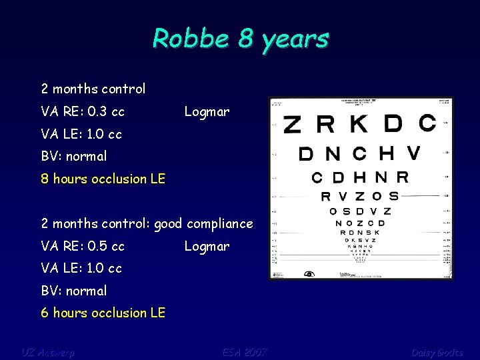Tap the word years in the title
[295, 39]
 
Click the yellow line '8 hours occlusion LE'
[103, 179]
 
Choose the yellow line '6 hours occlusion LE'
[103, 313]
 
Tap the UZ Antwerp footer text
[48, 351]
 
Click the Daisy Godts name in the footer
[437, 351]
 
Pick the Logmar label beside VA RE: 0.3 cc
[207, 111]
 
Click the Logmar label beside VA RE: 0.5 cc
[207, 246]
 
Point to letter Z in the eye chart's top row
[292, 125]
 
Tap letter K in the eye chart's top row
[359, 124]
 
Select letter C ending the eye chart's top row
[427, 123]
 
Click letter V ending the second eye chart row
[413, 153]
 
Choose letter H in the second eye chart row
[387, 153]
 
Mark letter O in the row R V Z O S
[377, 196]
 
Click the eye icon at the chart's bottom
[309, 274]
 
